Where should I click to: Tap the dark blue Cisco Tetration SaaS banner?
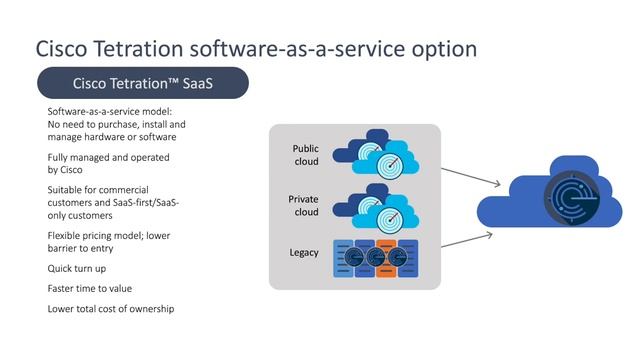pos(141,83)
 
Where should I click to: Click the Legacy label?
pos(304,252)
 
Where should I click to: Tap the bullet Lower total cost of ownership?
pos(111,308)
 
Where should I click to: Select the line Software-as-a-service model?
pos(110,110)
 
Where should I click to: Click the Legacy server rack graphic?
pos(374,256)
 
